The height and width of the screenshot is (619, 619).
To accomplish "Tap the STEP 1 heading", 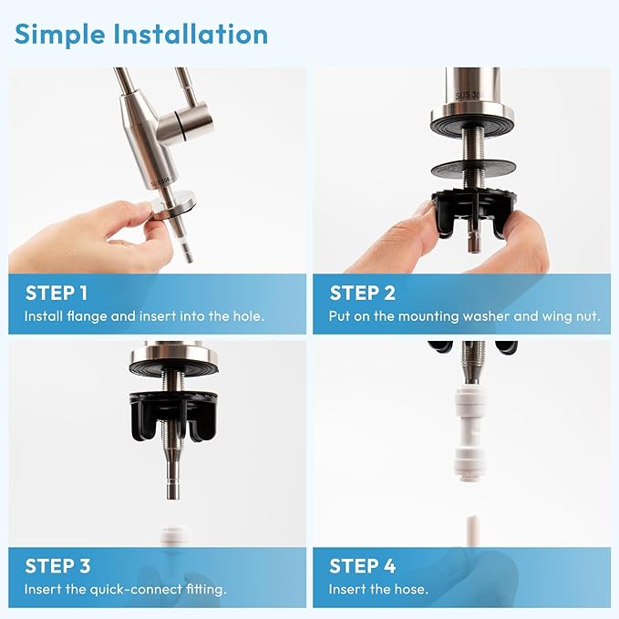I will [x=57, y=293].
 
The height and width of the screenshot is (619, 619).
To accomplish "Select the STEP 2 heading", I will [x=363, y=293].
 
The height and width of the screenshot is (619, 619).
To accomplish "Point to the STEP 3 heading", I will [x=57, y=566].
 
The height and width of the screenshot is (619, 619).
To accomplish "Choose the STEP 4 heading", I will [x=363, y=566].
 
